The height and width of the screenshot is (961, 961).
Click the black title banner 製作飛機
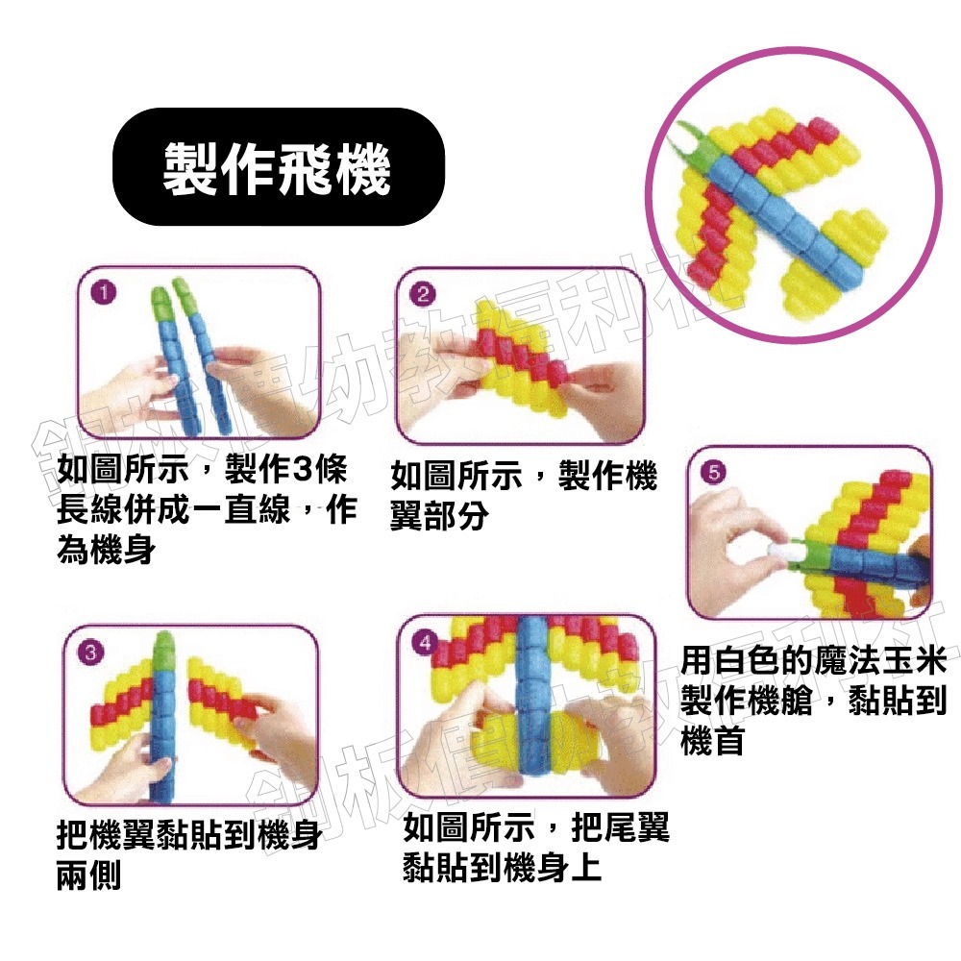coord(279,166)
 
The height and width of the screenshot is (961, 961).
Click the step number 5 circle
coord(713,472)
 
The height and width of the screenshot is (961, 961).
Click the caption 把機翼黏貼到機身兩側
coord(188,854)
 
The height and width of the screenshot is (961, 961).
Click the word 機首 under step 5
coord(712,741)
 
